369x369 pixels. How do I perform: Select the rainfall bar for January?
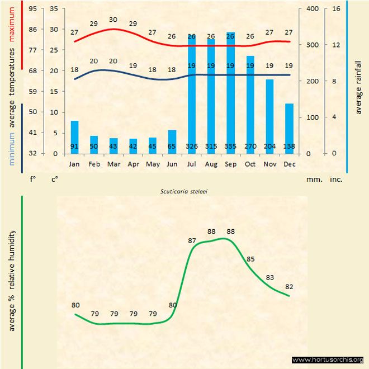pos(74,137)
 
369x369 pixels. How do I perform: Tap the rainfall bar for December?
pos(289,129)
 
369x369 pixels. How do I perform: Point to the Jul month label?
pos(191,164)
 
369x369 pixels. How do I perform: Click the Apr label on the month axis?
pos(133,164)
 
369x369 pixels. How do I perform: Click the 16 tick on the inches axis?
pos(336,9)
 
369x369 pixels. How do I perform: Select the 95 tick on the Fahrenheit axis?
pos(33,9)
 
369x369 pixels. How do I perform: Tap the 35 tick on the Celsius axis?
pos(54,9)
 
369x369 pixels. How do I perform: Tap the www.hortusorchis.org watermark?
pos(328,359)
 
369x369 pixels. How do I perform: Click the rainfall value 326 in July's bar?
pos(191,146)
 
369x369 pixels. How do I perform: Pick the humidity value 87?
pos(192,240)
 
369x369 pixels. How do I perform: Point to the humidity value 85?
pos(250,259)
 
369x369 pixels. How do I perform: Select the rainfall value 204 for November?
pos(269,146)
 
